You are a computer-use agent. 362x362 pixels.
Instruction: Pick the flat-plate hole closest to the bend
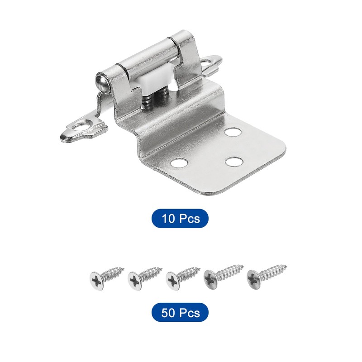coord(233,132)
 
